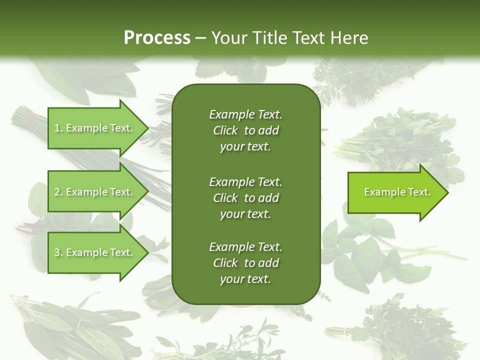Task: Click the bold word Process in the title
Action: pos(157,38)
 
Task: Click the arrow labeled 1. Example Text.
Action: pos(95,128)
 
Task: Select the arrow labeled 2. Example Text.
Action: pos(95,192)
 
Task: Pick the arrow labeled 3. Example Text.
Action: pos(95,252)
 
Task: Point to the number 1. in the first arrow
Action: pos(58,128)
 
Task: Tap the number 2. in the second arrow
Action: pos(58,192)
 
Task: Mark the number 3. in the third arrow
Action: pos(58,253)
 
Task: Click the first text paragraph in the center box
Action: pos(245,130)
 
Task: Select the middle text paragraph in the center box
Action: pos(245,197)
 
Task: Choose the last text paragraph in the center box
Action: pos(245,263)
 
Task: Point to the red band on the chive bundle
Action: pos(31,120)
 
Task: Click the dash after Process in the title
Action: pos(201,38)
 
